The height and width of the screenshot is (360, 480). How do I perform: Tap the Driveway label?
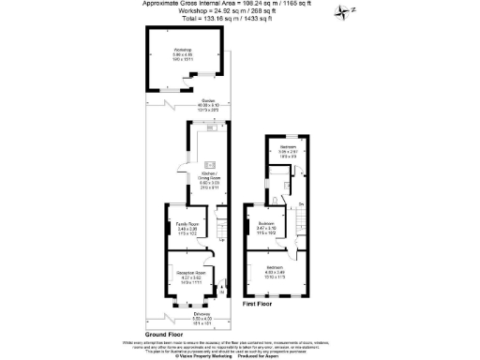coord(189,316)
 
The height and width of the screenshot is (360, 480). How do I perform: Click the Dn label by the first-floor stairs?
coord(301,203)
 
